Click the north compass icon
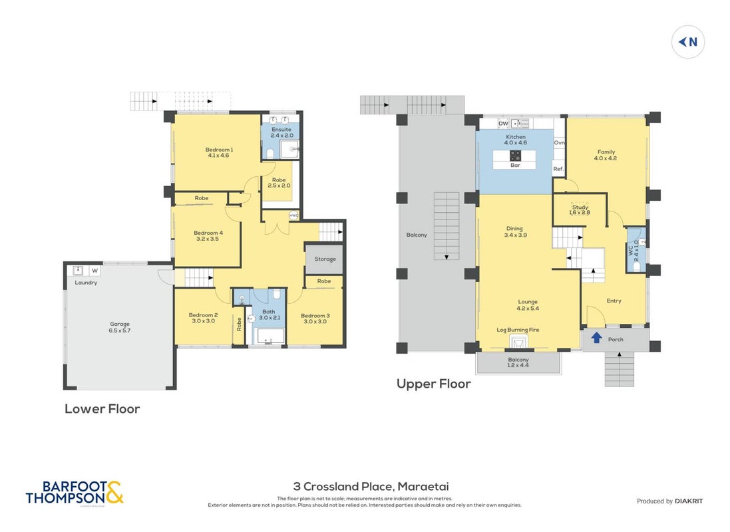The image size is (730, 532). (687, 42)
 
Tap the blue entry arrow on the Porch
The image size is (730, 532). (596, 337)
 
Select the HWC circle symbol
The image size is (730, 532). (293, 215)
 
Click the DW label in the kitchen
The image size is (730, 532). (503, 123)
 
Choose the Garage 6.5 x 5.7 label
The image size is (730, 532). (120, 327)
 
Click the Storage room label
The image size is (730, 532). (325, 259)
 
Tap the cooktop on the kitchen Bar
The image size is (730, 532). (515, 156)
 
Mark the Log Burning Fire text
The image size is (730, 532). (518, 330)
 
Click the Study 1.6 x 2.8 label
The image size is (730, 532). (580, 210)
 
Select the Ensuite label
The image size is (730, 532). (281, 130)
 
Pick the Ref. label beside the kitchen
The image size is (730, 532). (558, 169)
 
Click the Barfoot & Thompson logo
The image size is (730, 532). (75, 493)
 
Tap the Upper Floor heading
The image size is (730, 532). (433, 384)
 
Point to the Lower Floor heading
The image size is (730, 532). (102, 409)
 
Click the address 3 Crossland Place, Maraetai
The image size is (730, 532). (371, 487)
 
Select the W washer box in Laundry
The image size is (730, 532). (95, 271)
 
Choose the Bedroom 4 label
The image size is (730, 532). (208, 233)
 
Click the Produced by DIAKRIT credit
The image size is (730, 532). (670, 501)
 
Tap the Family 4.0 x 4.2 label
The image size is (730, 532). (606, 155)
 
